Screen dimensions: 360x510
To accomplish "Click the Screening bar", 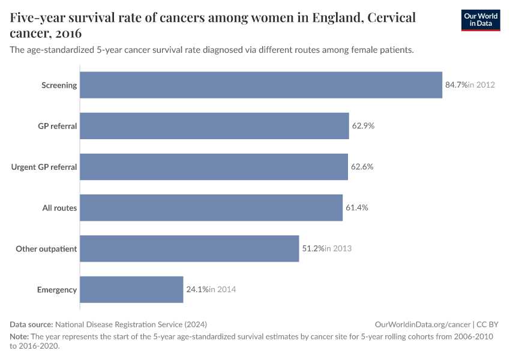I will [261, 85].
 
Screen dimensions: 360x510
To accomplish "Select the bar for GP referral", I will [214, 126].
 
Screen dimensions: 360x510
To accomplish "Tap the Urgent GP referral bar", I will [214, 167].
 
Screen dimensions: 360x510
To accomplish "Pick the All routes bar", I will [211, 208].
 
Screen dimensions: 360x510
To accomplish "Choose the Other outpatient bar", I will [189, 248].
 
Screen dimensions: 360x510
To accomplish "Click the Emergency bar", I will [131, 289].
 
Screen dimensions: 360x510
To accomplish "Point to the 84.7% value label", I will [456, 85].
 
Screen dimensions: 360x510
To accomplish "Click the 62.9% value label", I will [363, 126].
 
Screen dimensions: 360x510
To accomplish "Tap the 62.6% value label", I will [362, 167].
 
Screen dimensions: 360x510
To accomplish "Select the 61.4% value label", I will [356, 208].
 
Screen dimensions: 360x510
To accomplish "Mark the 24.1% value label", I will [197, 289].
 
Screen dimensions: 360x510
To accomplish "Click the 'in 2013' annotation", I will [338, 248].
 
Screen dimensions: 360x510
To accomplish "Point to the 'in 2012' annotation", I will [482, 85].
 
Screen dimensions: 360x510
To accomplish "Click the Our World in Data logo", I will [480, 20].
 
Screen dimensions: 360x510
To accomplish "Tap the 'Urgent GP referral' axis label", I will [44, 167].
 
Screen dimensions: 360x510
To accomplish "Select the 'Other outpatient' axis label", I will [46, 248].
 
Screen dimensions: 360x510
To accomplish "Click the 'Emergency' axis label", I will [57, 289].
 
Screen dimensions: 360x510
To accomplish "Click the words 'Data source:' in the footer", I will [32, 324].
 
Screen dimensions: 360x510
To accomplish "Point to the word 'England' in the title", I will [337, 17].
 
